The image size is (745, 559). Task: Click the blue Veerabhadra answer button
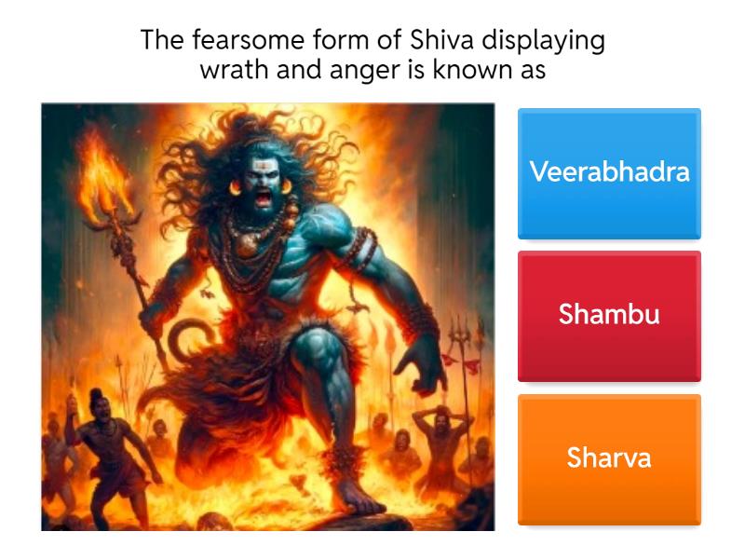pyautogui.click(x=609, y=173)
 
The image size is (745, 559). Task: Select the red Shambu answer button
pyautogui.click(x=609, y=316)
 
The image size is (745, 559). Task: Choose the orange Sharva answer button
pyautogui.click(x=609, y=459)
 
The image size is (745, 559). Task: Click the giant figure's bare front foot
pyautogui.click(x=356, y=498)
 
